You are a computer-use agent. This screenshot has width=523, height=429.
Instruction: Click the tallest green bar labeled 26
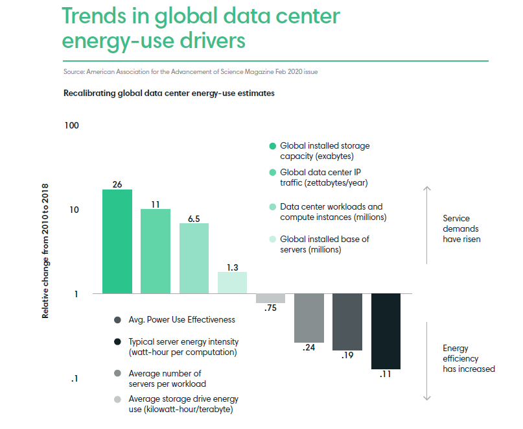117,241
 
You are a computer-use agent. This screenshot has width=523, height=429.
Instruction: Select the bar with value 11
156,251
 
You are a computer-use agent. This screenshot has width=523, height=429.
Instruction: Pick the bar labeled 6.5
194,258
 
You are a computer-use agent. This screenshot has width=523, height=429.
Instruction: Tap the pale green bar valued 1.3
232,282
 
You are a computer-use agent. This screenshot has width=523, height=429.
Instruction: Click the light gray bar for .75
270,299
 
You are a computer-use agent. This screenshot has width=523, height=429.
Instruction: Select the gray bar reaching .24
308,318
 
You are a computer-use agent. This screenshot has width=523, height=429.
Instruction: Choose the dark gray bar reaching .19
347,322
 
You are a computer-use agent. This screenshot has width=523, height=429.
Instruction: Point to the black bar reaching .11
385,331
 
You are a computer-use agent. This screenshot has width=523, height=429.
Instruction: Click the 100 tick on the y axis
73,125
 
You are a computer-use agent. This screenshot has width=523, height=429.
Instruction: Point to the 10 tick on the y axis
75,210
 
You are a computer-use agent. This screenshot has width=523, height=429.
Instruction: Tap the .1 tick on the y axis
75,379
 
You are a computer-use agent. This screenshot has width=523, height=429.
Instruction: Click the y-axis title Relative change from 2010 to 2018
45,252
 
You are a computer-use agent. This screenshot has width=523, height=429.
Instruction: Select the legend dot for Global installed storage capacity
273,146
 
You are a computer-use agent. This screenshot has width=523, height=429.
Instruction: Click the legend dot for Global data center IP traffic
273,173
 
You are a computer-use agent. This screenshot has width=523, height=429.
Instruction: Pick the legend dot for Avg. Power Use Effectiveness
117,320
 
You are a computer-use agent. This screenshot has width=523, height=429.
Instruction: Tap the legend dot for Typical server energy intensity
117,341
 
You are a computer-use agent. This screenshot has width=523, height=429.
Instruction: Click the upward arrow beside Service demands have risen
426,225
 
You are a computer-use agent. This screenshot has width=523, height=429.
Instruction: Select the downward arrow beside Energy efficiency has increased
426,360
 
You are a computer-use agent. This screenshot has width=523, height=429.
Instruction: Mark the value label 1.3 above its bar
232,266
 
